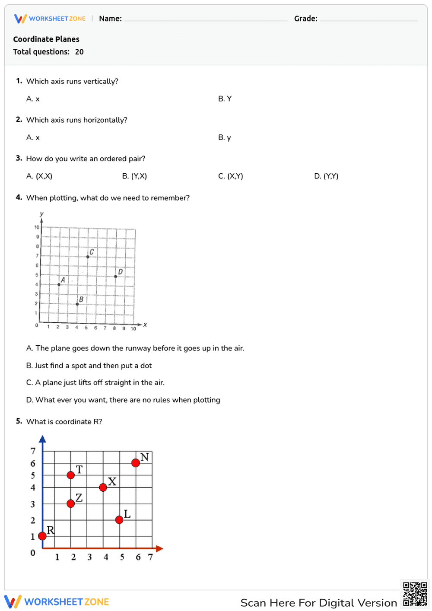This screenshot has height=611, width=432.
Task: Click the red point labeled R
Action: point(42,536)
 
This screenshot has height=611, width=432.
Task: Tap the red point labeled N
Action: point(136,463)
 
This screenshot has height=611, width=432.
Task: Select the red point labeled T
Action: point(71,475)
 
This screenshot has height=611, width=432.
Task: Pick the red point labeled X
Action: point(103,487)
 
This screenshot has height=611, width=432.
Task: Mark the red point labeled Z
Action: point(71,503)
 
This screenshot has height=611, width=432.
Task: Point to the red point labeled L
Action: point(119,520)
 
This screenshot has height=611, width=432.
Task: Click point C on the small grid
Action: point(88,257)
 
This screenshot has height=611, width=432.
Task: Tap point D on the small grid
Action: point(115,277)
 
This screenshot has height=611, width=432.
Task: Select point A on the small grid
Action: point(59,284)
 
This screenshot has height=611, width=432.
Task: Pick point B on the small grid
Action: point(77,304)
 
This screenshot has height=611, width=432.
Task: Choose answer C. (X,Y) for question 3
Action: point(231,176)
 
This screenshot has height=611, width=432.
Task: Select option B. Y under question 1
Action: point(225,99)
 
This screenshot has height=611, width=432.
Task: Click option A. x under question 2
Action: point(33,138)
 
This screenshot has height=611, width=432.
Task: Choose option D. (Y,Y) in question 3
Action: point(326,176)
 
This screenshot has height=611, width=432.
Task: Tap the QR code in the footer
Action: point(415,594)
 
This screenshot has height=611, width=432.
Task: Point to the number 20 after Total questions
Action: point(79,52)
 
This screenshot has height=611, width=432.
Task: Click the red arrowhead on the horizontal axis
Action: point(159,548)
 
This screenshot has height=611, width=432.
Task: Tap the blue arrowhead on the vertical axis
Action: point(42,439)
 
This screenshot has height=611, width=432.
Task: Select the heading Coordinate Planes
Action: point(46,39)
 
